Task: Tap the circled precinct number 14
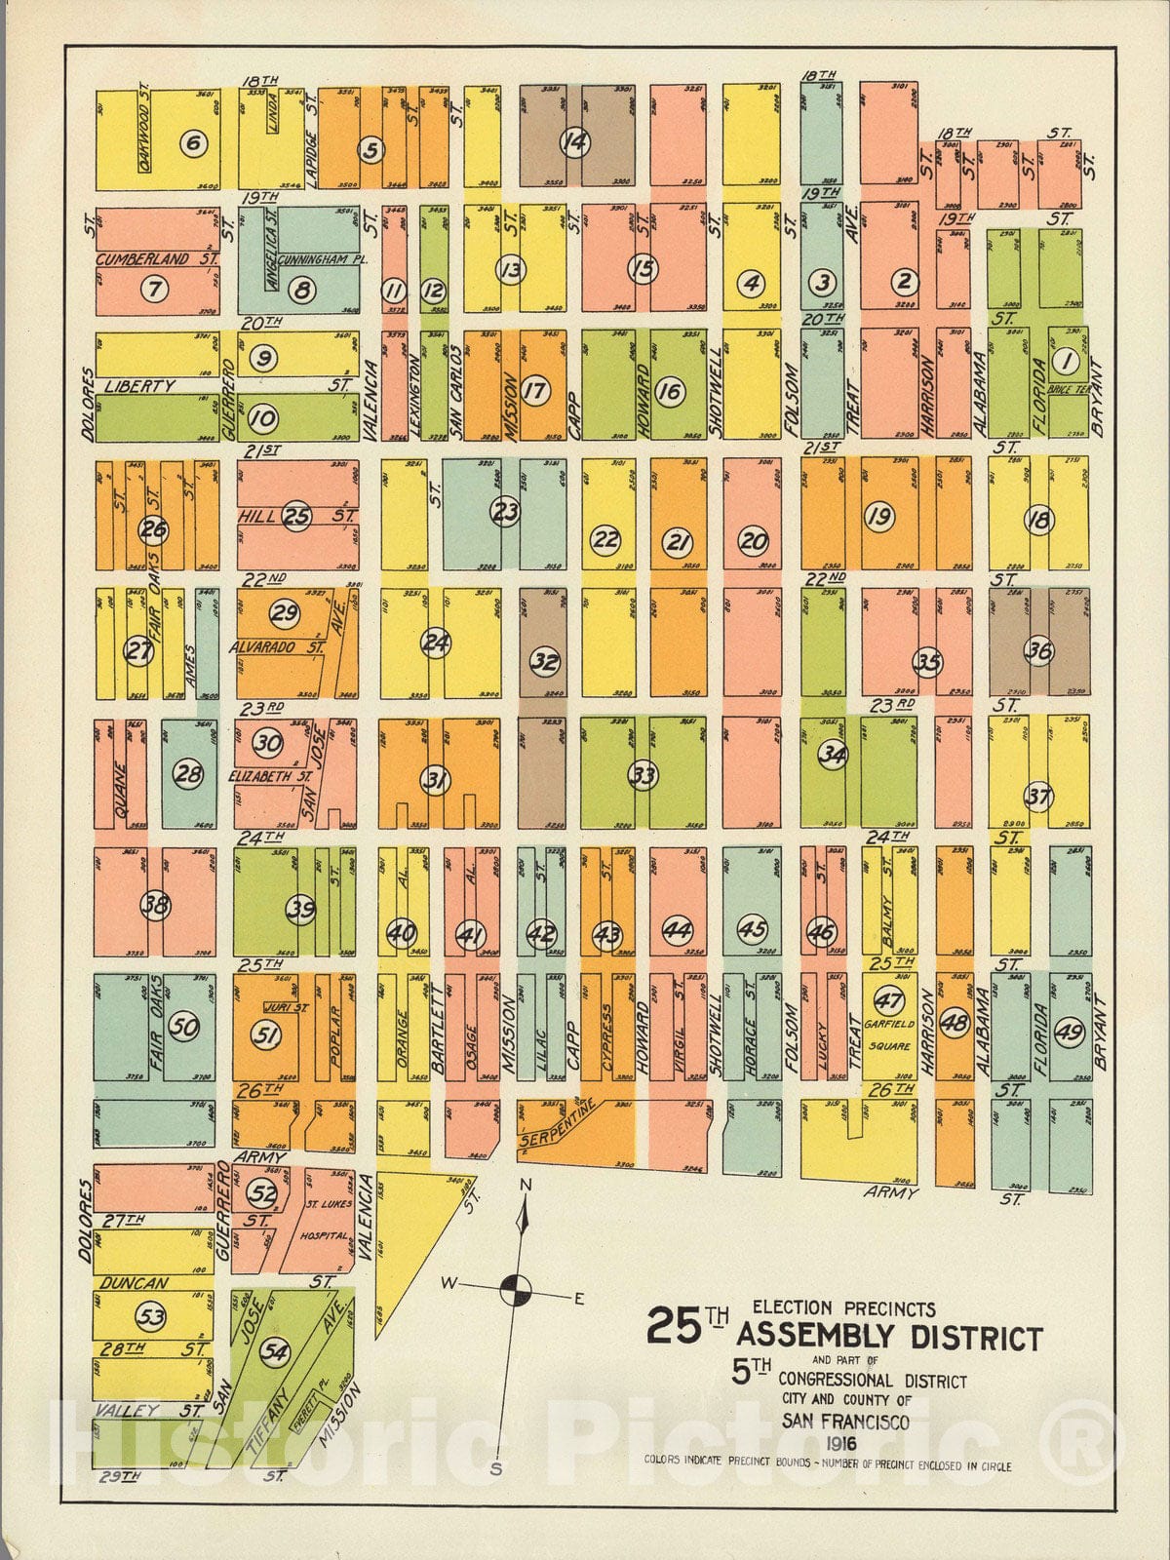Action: pos(575,143)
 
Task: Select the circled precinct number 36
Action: pos(1039,651)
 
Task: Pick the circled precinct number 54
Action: pos(276,1352)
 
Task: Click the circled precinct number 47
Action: pos(888,1001)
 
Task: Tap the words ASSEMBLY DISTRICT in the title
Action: pos(889,1338)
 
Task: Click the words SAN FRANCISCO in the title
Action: pos(844,1423)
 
